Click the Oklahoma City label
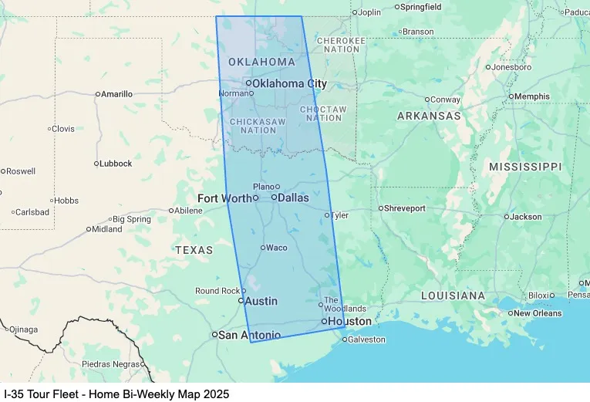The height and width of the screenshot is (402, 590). tap(289, 83)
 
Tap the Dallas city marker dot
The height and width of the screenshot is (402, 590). tap(274, 198)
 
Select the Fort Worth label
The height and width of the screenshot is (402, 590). tap(224, 198)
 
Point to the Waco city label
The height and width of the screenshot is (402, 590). tap(277, 248)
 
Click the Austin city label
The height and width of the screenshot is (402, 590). tap(261, 301)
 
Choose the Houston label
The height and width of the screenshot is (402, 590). tap(349, 321)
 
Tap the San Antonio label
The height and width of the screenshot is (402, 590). tap(250, 335)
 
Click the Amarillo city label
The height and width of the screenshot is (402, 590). tap(117, 94)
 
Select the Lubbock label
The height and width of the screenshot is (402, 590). tap(116, 164)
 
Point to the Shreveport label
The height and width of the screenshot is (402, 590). tap(405, 208)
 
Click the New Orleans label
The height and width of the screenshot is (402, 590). tap(538, 313)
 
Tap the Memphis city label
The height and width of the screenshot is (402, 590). tap(532, 96)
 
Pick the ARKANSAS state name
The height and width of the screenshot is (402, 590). tap(429, 116)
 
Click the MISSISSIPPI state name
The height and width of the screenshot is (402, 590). tap(525, 167)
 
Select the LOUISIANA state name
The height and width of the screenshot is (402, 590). tap(453, 296)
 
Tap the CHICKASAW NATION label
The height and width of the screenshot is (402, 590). tap(258, 126)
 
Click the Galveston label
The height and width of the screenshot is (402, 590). tap(366, 340)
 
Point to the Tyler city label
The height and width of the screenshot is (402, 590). tap(339, 215)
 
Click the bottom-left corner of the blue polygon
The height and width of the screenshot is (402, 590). tap(251, 342)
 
